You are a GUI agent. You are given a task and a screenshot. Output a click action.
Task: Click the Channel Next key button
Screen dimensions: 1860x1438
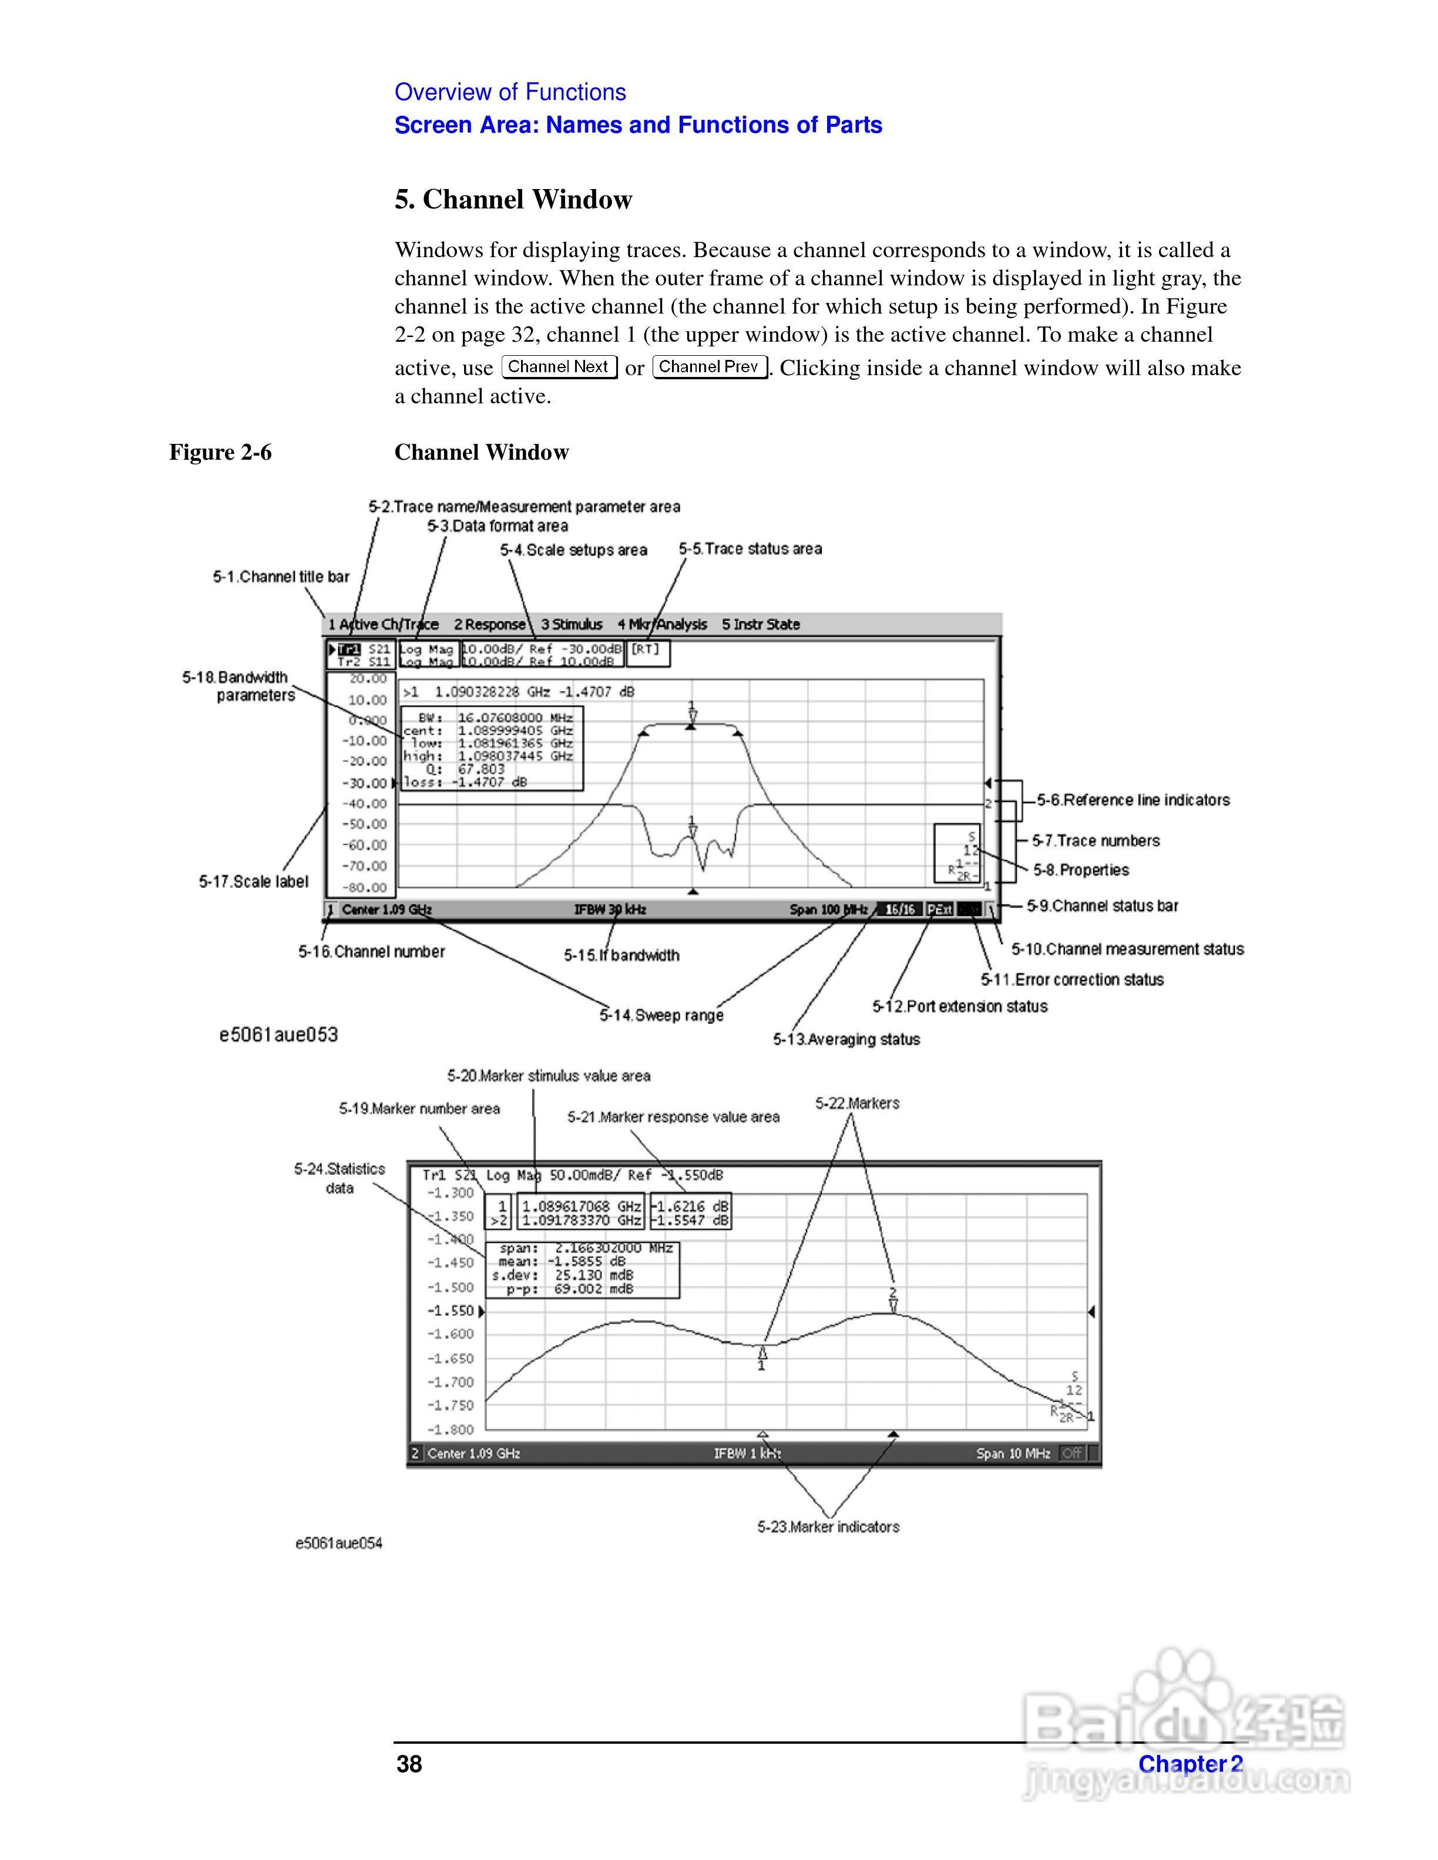558,367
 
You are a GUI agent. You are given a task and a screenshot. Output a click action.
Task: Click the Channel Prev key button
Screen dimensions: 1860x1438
709,367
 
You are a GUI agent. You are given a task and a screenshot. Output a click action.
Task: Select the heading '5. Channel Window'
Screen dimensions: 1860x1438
513,199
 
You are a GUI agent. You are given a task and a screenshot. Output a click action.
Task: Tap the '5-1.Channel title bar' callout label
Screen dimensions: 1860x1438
281,577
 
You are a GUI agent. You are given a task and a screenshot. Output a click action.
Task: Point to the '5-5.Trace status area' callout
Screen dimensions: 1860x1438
750,550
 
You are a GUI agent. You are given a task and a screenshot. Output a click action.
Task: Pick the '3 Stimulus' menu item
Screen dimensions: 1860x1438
572,624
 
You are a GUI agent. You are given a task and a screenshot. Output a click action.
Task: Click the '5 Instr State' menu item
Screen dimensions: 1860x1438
761,624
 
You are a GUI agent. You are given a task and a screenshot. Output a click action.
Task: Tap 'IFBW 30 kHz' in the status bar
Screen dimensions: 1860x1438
610,909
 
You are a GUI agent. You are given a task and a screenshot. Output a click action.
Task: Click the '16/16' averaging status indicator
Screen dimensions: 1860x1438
899,909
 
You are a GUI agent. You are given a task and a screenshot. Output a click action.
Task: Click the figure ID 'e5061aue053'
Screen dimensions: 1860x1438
278,1035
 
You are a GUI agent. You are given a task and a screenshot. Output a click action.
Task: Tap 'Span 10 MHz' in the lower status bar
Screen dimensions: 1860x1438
1013,1454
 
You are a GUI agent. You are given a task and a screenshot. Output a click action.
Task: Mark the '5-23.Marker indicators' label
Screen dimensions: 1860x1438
828,1527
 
